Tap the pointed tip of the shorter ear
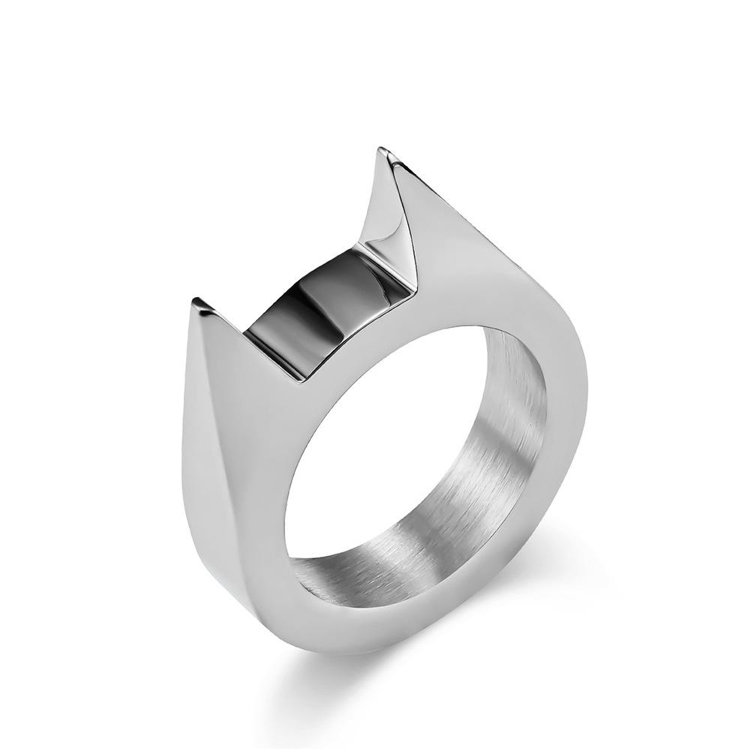197,302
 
